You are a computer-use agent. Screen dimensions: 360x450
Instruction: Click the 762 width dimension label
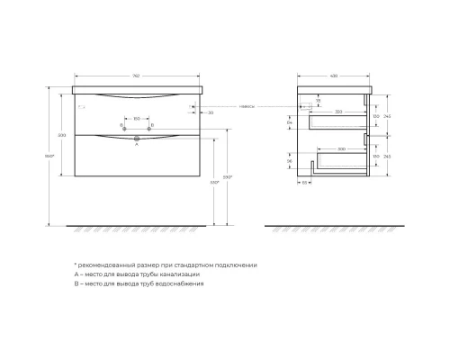pos(136,75)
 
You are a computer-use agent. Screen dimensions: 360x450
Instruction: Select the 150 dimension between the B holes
pos(136,118)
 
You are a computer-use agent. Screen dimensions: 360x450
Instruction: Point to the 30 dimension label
pos(210,113)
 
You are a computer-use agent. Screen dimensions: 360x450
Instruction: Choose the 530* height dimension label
pos(213,183)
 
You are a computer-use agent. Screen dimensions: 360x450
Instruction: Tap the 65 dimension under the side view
pos(305,182)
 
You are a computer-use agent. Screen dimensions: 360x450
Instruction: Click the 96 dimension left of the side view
pos(291,163)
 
